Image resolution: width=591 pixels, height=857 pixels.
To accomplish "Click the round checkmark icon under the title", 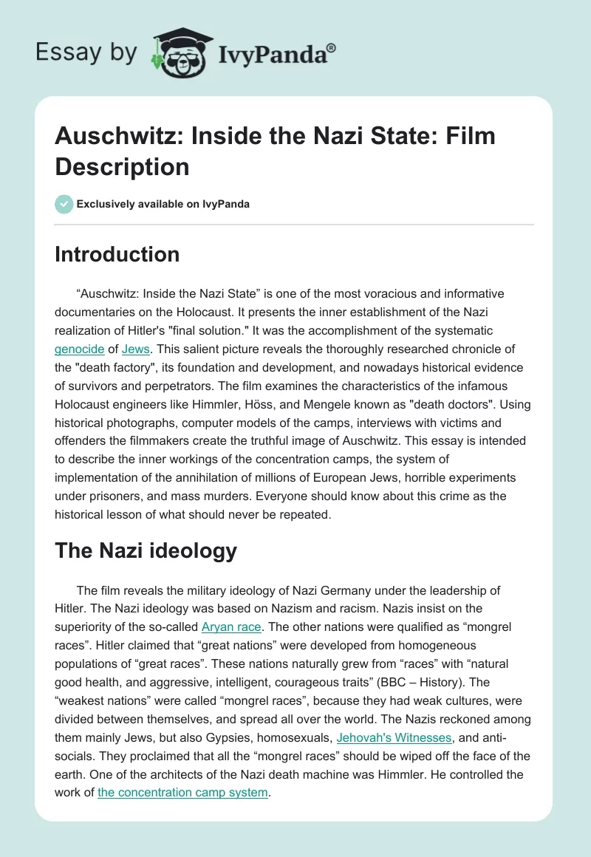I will (x=64, y=204).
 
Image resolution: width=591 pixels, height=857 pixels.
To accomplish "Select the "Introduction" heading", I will (x=117, y=254).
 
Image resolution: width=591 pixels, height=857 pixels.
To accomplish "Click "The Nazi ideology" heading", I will (x=146, y=550).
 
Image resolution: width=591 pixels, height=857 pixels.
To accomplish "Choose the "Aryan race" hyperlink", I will (x=231, y=626).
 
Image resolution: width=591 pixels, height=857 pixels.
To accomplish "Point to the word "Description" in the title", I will (x=122, y=167).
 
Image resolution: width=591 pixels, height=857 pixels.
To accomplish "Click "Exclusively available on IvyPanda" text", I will (x=164, y=204).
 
